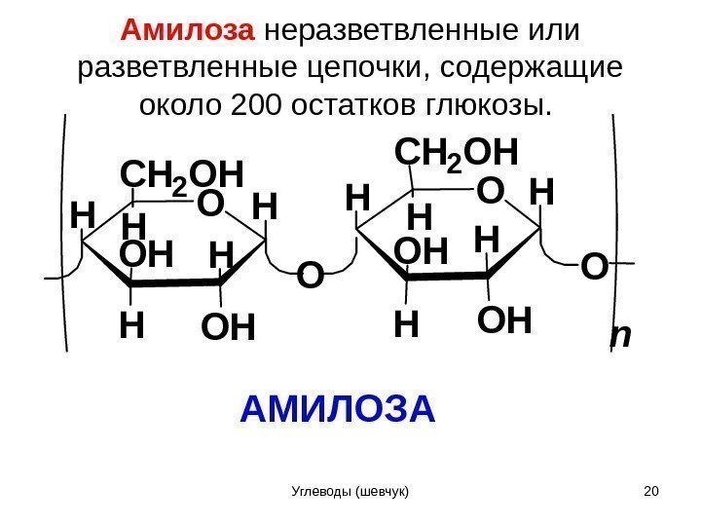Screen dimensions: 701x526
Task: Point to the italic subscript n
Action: (618, 337)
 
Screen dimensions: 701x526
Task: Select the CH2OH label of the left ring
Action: (179, 175)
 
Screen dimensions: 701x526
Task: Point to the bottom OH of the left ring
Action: (227, 328)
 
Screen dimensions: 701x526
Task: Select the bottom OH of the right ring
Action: (505, 320)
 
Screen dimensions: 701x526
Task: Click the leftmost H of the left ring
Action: (84, 215)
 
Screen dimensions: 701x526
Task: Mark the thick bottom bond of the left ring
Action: (176, 283)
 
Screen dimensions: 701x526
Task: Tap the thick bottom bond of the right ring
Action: (446, 276)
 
